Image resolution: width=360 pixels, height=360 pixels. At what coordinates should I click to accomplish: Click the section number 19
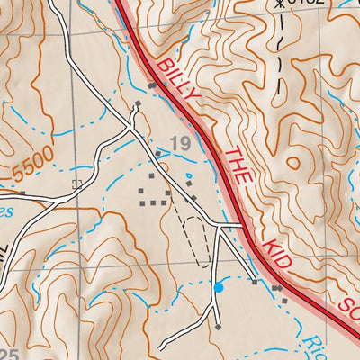point(179,142)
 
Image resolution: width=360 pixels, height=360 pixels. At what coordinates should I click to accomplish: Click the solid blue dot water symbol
point(218,287)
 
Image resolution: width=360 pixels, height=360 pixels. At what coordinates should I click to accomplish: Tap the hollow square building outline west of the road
point(76,184)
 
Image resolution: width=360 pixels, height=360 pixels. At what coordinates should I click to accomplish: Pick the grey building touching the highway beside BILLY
point(152,85)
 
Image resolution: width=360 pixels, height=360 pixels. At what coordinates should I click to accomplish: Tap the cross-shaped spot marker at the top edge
point(281,4)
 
